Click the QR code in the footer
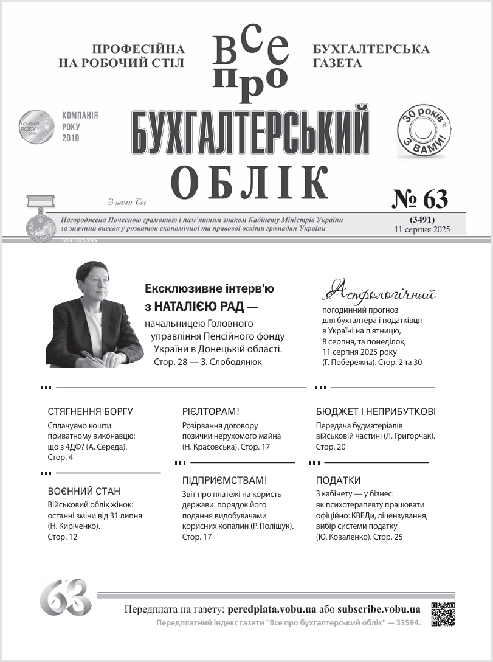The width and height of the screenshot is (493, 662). [443, 614]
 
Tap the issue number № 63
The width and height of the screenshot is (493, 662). [419, 199]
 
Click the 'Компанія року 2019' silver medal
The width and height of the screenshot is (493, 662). [36, 127]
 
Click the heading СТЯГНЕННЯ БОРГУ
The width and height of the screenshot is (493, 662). [90, 411]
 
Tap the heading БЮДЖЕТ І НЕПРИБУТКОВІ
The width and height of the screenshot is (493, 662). [376, 411]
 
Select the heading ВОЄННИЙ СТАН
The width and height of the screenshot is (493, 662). [84, 491]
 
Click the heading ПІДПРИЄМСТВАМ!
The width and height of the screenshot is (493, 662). [224, 480]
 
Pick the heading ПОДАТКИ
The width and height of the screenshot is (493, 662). [339, 480]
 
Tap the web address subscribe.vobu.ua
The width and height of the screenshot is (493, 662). [379, 609]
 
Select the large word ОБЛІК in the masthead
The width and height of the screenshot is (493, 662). [249, 181]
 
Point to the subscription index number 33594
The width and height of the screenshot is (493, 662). [404, 623]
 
